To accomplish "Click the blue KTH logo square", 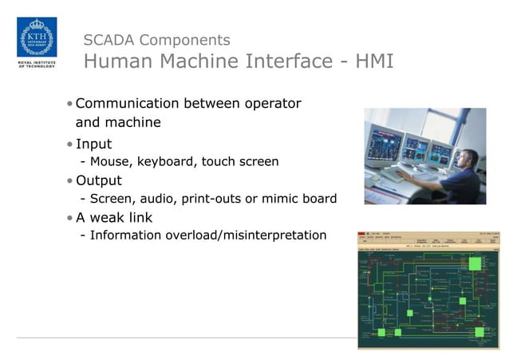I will click(x=36, y=37).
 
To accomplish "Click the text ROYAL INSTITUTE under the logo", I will click(x=36, y=61).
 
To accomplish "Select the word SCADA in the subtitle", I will click(x=107, y=40).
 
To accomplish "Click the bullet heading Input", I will click(x=93, y=144).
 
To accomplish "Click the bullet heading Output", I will click(x=99, y=180).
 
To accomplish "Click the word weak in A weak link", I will click(x=109, y=217).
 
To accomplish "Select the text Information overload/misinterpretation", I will click(x=208, y=235).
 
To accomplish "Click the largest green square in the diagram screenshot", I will click(x=475, y=264).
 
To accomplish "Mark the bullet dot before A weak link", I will click(x=70, y=218).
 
